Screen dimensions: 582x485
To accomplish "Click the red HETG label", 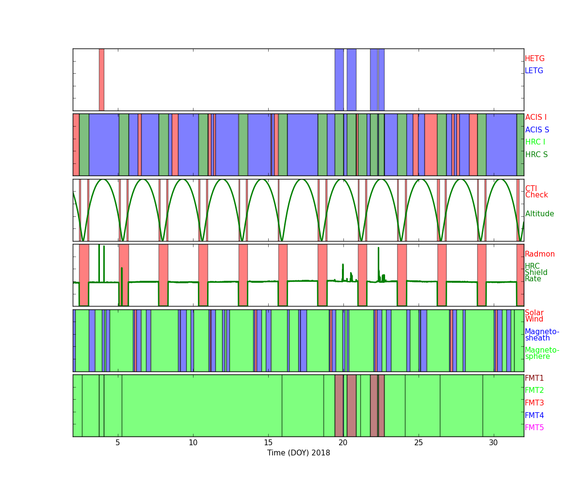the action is (534, 59).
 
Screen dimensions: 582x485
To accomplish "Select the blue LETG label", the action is (534, 70).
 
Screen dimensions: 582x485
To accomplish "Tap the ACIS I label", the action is (536, 117).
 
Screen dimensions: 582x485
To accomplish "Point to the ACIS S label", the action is (537, 129).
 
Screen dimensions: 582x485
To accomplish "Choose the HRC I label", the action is (535, 142).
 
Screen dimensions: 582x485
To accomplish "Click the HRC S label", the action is (536, 154).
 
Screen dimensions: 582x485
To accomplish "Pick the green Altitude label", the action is (539, 214).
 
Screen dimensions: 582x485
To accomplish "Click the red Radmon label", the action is (540, 254).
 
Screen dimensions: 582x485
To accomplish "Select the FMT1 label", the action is (534, 378).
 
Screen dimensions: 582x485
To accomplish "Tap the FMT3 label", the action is (534, 403).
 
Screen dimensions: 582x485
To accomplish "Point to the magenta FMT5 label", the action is (534, 427).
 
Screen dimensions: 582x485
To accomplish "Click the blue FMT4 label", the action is (534, 415).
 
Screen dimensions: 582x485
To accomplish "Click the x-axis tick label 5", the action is (118, 443).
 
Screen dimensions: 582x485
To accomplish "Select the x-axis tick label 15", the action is (268, 443).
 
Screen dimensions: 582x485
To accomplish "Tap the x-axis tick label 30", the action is (493, 443).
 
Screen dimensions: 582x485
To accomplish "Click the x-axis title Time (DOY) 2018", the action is (299, 453).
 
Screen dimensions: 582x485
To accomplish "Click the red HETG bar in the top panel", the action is (101, 80).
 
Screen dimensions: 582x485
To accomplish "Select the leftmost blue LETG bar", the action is (339, 80).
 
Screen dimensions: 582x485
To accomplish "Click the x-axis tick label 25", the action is (419, 443).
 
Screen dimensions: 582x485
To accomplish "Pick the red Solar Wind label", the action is (534, 316).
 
